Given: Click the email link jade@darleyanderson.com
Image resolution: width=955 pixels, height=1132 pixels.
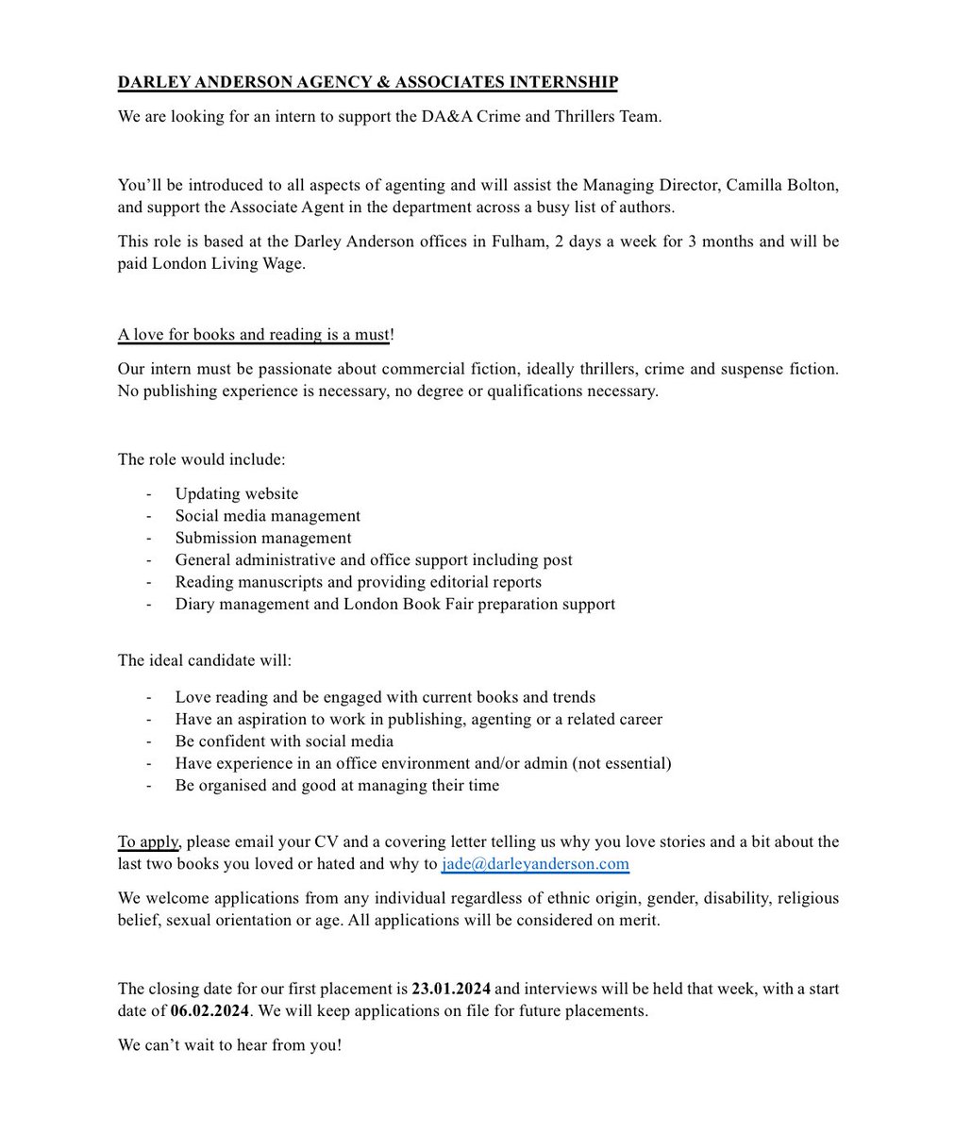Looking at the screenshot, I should click(x=535, y=863).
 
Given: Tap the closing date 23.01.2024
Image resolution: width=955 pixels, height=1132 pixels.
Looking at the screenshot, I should click(x=451, y=989).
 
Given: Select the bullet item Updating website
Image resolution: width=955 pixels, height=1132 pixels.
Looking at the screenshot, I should click(x=236, y=493).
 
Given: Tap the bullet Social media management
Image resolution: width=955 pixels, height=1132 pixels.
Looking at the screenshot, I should click(x=267, y=516).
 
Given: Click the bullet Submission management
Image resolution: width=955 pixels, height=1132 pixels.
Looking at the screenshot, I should click(x=262, y=538).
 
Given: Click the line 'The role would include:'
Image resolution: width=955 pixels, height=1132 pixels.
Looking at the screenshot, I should click(x=201, y=459).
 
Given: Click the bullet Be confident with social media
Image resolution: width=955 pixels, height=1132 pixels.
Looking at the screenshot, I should click(x=284, y=741).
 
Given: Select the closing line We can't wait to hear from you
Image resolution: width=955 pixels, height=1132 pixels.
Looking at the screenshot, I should click(x=229, y=1046).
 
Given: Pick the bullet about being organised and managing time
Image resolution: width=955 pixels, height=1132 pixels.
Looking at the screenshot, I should click(x=337, y=785).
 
